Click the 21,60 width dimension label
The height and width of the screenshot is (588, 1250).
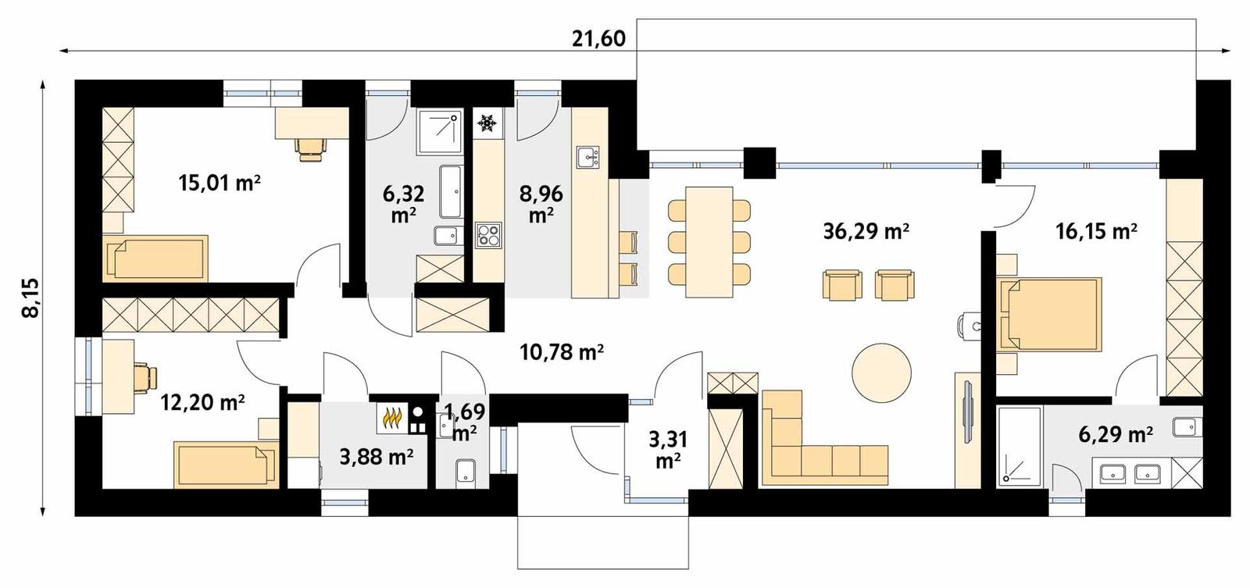[598, 38]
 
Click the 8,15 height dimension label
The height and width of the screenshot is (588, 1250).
[30, 298]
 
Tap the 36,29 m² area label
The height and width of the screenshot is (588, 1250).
[866, 230]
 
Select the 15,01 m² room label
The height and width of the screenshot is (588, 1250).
[219, 184]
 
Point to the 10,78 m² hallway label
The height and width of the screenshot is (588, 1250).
[562, 352]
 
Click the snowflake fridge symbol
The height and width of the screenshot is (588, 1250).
[487, 123]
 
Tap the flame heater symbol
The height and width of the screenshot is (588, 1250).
[391, 419]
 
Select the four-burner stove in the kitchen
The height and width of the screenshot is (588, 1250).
[488, 235]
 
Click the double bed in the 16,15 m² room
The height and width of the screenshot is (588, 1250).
[1050, 313]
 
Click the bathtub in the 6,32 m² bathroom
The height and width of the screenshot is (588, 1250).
[450, 191]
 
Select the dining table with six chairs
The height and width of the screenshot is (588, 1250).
[709, 242]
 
